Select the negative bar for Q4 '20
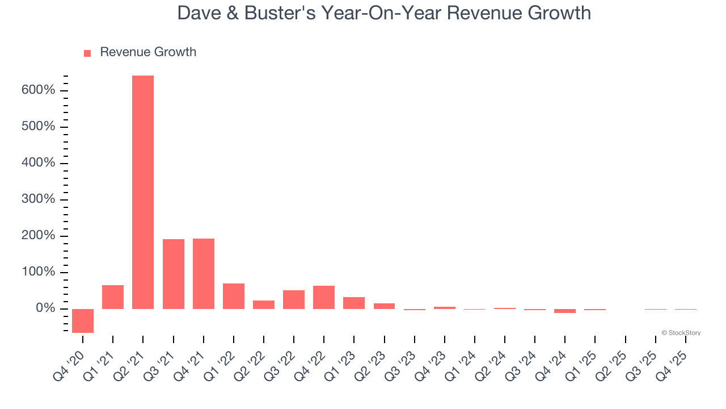click(x=83, y=320)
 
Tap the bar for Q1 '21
click(x=113, y=297)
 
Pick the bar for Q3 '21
click(x=173, y=274)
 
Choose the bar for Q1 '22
click(x=233, y=296)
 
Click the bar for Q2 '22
click(x=263, y=304)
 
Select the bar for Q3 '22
click(x=294, y=299)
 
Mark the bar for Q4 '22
click(x=324, y=297)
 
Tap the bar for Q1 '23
click(x=354, y=303)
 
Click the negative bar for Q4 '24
click(x=565, y=311)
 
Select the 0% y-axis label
click(x=45, y=308)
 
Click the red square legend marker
click(x=87, y=53)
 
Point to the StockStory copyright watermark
click(x=681, y=333)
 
